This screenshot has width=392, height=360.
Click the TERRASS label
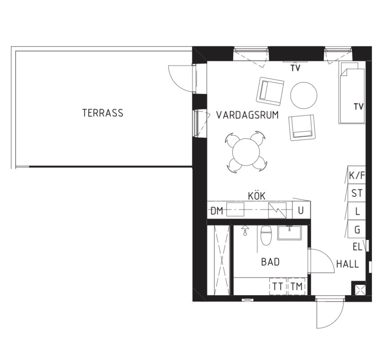click(x=103, y=113)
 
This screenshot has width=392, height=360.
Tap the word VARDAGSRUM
click(x=247, y=115)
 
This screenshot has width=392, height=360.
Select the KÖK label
click(x=257, y=196)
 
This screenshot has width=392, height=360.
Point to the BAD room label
click(x=270, y=262)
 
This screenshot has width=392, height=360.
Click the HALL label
click(x=347, y=264)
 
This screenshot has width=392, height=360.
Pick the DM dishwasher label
click(x=217, y=211)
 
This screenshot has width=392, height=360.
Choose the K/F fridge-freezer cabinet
click(x=357, y=175)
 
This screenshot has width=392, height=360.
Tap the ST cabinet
click(x=357, y=193)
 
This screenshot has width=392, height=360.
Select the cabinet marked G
click(x=357, y=229)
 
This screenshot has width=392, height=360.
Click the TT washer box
click(x=278, y=286)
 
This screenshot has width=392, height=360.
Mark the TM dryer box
click(x=297, y=286)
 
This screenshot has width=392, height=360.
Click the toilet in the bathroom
click(x=266, y=235)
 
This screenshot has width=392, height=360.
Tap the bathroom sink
click(x=290, y=232)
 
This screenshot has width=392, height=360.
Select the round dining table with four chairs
click(x=246, y=152)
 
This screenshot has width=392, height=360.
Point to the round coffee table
click(x=304, y=95)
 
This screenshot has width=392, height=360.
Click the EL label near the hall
click(x=358, y=247)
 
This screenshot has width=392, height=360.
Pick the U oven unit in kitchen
click(x=301, y=210)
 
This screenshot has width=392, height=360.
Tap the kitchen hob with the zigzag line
click(x=277, y=210)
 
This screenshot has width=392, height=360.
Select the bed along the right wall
click(x=352, y=93)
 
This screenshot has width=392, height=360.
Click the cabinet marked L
click(x=357, y=211)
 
